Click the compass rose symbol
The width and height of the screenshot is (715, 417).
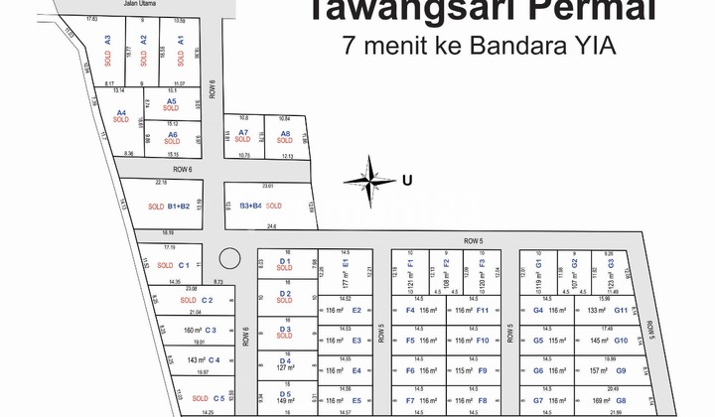(370, 179)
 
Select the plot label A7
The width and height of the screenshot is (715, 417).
(242, 132)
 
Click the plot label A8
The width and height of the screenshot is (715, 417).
(284, 132)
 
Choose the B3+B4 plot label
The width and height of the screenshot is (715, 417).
(250, 206)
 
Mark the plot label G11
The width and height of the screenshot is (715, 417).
(621, 311)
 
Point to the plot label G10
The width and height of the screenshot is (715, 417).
(621, 341)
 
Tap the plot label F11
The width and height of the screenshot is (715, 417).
(483, 311)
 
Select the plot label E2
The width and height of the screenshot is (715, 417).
(357, 310)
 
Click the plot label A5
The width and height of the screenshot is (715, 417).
(172, 100)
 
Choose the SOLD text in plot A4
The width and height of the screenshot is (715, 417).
(121, 121)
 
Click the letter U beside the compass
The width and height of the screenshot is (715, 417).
(405, 180)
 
